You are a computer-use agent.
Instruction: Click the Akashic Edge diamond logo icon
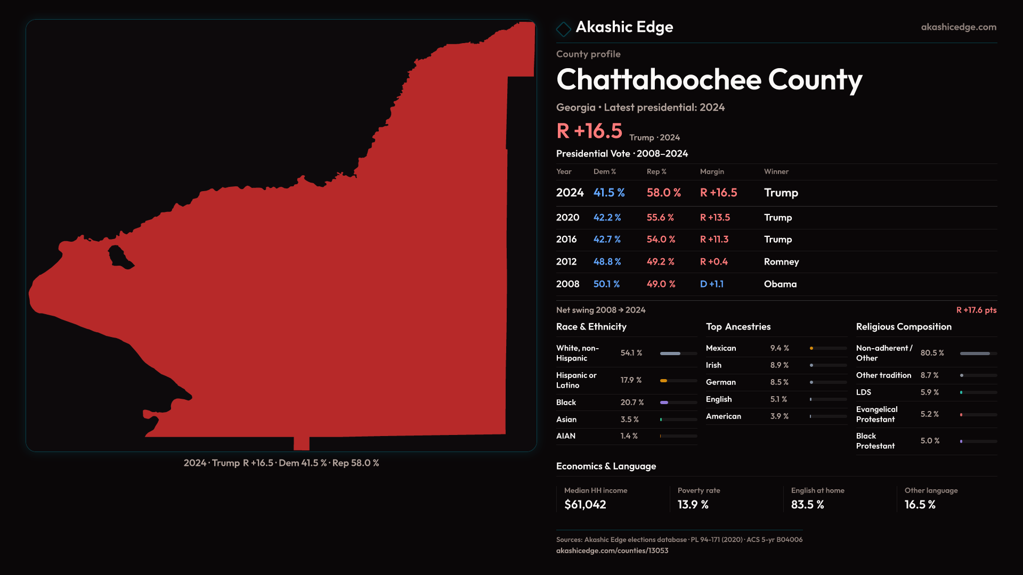pyautogui.click(x=563, y=28)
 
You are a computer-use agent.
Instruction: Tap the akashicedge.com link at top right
pyautogui.click(x=958, y=27)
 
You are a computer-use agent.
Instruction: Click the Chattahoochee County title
pyautogui.click(x=709, y=80)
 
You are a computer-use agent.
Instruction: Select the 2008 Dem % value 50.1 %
pyautogui.click(x=606, y=284)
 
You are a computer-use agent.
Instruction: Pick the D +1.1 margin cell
pyautogui.click(x=711, y=284)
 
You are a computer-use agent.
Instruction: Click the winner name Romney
pyautogui.click(x=781, y=262)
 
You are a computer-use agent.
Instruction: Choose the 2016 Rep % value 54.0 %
pyautogui.click(x=661, y=240)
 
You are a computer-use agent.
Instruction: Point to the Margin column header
pyautogui.click(x=712, y=171)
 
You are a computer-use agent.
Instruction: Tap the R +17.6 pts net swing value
pyautogui.click(x=976, y=310)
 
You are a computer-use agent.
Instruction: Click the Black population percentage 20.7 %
pyautogui.click(x=632, y=402)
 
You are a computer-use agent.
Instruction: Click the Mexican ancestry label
pyautogui.click(x=721, y=348)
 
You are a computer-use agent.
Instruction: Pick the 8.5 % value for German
pyautogui.click(x=779, y=382)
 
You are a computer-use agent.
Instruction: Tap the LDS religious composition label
pyautogui.click(x=864, y=392)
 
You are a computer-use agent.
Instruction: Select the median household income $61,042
pyautogui.click(x=585, y=505)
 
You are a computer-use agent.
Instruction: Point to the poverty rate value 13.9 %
pyautogui.click(x=693, y=505)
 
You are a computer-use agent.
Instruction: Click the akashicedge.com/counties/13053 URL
pyautogui.click(x=612, y=551)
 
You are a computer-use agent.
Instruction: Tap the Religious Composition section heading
pyautogui.click(x=904, y=327)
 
